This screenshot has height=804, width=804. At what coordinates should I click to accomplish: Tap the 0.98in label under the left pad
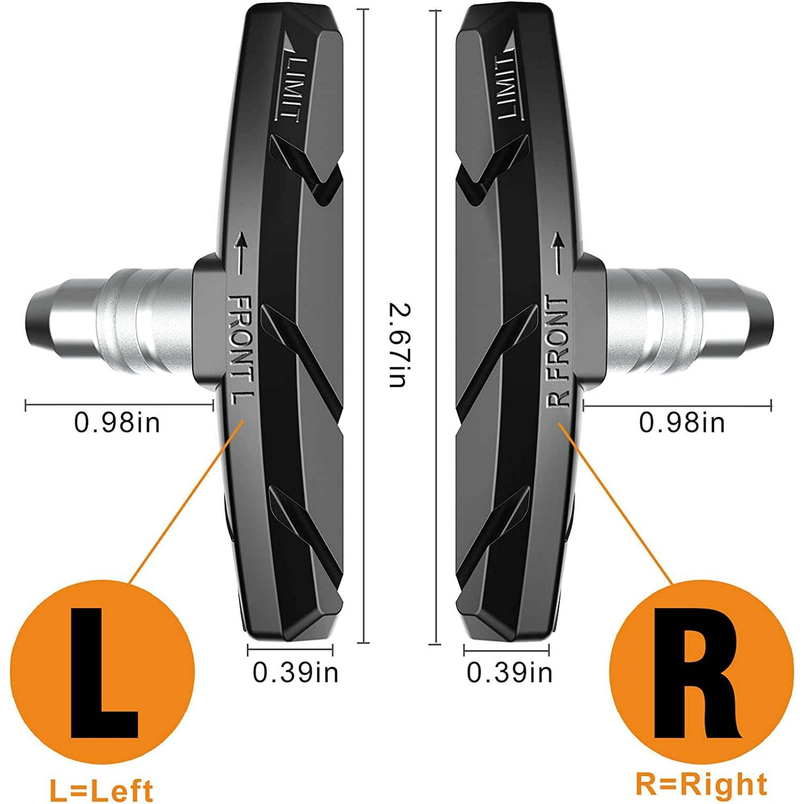(117, 423)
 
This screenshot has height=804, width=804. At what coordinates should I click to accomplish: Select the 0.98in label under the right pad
(682, 423)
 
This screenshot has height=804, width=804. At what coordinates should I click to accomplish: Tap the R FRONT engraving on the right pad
(557, 351)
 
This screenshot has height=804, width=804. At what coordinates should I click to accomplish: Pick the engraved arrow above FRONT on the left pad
(240, 253)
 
